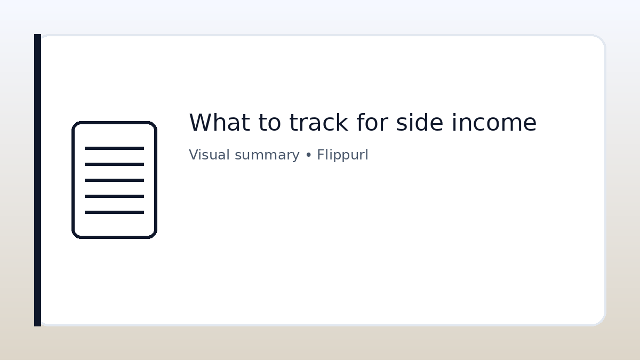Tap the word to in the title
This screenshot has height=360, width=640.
269,123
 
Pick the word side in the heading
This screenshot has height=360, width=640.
420,123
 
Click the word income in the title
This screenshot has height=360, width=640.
494,123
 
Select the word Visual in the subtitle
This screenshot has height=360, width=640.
210,155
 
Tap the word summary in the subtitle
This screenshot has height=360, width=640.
267,155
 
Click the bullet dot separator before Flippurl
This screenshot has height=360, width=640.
308,155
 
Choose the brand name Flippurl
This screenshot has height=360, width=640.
342,155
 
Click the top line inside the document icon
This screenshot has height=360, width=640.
114,148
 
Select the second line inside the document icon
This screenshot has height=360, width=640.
114,164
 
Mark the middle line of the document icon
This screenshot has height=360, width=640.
114,180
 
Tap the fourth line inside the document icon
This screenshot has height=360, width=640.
114,196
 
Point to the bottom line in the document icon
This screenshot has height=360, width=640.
114,212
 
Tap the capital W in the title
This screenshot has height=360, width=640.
199,123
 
